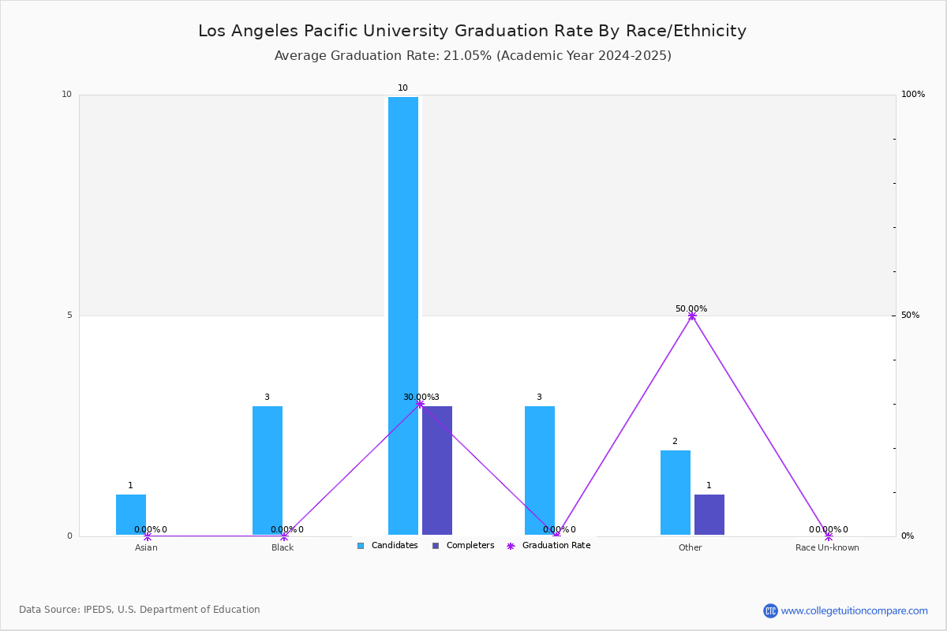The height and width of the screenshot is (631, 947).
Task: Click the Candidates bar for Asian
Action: (131, 515)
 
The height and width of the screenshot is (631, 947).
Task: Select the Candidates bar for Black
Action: (268, 470)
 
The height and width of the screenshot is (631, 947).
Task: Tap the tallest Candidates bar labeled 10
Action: (403, 315)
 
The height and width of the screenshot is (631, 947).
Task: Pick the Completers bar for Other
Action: (709, 515)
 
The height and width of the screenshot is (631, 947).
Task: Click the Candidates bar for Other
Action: (676, 492)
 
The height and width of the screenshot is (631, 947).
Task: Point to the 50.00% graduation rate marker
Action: (692, 316)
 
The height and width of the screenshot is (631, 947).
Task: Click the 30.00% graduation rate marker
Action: (420, 404)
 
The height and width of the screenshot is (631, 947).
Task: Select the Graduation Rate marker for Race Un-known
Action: (829, 536)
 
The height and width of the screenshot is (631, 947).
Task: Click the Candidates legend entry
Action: (387, 546)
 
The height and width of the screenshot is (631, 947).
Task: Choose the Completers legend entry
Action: (463, 546)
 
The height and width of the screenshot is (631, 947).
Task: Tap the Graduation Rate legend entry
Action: (548, 546)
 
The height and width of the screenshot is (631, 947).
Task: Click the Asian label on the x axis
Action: (146, 547)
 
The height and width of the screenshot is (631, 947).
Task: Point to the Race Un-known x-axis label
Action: (827, 547)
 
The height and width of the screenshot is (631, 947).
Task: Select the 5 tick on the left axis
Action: (69, 315)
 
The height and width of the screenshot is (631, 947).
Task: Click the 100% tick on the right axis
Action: (913, 94)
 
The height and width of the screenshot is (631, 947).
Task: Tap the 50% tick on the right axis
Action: (910, 315)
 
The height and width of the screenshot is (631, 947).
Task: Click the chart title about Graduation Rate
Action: (472, 31)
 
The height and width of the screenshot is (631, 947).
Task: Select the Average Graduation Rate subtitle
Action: (473, 56)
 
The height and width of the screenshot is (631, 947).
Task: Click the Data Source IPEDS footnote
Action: (140, 610)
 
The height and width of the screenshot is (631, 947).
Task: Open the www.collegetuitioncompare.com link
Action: (854, 610)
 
